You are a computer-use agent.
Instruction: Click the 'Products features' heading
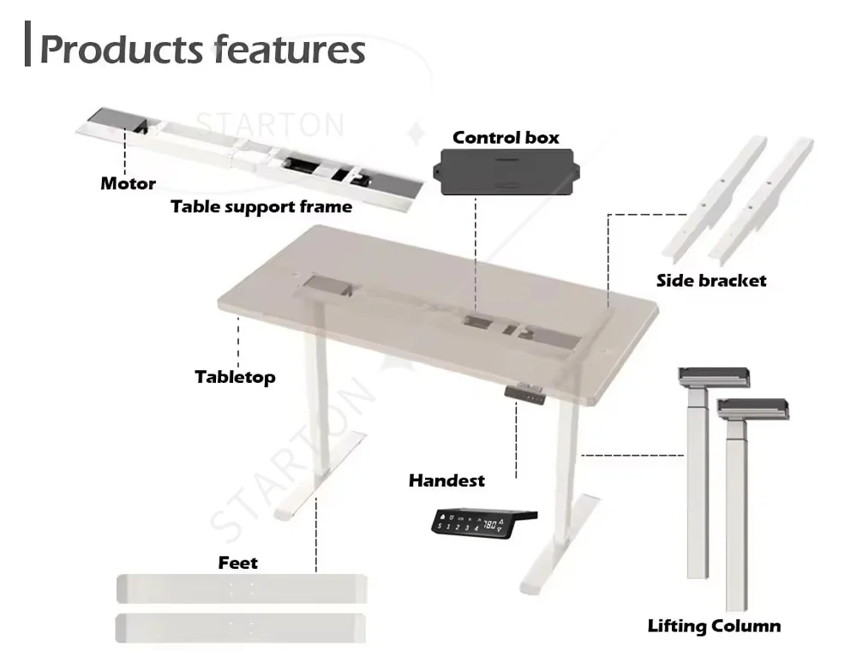[202, 50]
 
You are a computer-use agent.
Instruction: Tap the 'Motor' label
[128, 183]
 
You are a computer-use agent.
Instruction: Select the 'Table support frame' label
[261, 206]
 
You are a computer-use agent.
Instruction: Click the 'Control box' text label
[506, 137]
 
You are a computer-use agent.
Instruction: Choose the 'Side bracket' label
[711, 280]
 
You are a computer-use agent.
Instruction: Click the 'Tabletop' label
[235, 377]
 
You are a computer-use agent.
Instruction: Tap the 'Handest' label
[446, 481]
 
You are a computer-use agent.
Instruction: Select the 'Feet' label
[237, 563]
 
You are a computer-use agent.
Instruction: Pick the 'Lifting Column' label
[714, 626]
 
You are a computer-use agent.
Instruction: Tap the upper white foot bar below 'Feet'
[241, 588]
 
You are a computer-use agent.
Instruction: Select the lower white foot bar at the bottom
[241, 628]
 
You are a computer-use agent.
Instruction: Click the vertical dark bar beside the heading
[28, 46]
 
